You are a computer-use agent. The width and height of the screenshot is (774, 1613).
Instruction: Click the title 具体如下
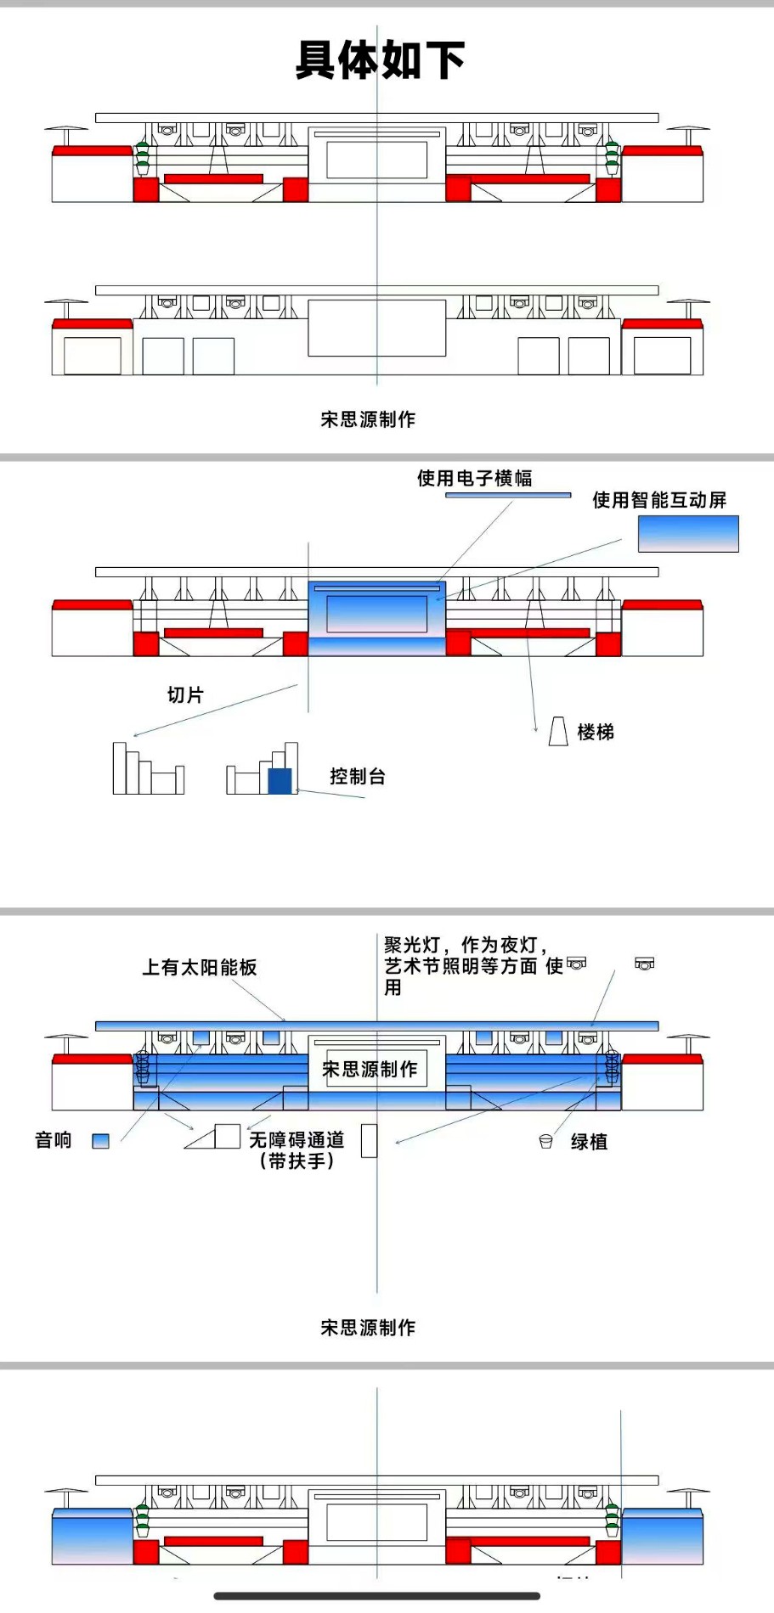[x=380, y=60]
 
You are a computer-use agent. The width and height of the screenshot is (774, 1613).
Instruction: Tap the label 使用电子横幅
[x=474, y=479]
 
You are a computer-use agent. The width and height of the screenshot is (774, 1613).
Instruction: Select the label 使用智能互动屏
[x=659, y=500]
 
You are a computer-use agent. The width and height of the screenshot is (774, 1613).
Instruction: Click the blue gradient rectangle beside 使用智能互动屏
[x=688, y=534]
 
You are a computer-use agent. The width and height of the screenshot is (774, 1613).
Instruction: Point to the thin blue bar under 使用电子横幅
[x=508, y=495]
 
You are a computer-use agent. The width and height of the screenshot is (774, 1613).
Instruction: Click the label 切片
[x=185, y=695]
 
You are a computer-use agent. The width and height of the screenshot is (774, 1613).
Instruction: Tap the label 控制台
[x=358, y=777]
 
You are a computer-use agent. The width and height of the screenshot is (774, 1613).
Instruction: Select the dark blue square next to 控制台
[x=280, y=781]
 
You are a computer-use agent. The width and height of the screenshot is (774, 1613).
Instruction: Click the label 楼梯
[x=595, y=732]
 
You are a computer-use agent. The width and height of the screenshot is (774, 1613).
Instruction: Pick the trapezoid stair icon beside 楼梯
[x=558, y=731]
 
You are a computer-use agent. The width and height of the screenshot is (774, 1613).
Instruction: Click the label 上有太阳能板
[x=199, y=968]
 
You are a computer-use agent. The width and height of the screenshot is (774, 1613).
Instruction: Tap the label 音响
[x=53, y=1140]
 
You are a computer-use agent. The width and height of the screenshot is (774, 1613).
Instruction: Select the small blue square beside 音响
[x=101, y=1142]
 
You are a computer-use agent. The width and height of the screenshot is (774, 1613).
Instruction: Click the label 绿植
[x=589, y=1142]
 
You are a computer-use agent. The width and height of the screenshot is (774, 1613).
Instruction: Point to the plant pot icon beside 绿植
[x=546, y=1142]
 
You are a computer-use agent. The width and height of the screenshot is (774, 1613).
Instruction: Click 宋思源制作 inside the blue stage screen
[x=370, y=1070]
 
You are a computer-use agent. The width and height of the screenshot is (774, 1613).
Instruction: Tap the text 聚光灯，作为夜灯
[x=465, y=945]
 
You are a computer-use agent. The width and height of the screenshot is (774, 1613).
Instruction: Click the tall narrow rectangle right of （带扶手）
[x=369, y=1141]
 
